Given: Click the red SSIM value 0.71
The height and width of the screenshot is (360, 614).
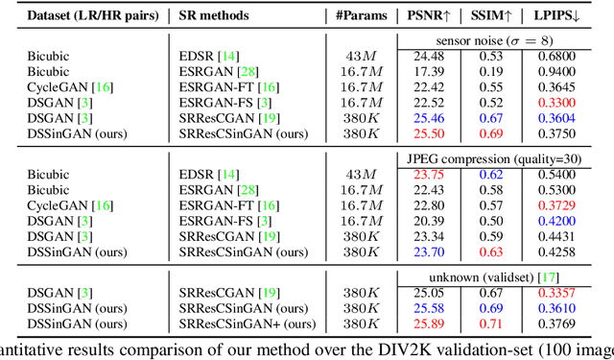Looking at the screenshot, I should pos(490,324).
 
